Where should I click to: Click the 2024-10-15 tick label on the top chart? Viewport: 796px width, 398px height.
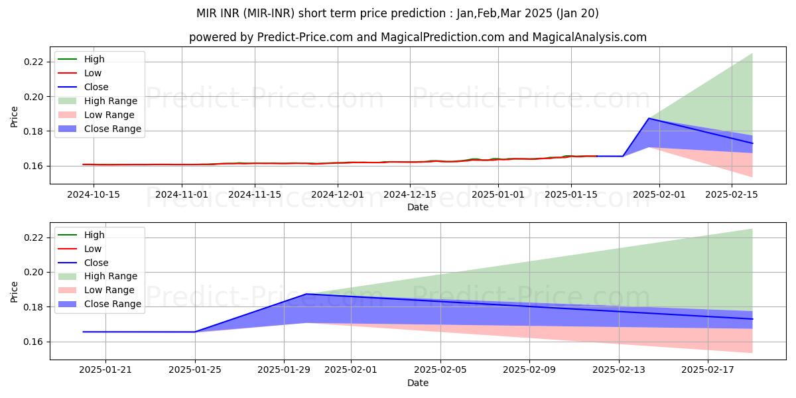tap(93, 194)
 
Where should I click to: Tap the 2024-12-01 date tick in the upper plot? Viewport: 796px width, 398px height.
tap(338, 194)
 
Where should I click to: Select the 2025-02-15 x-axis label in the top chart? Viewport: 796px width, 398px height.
tap(731, 194)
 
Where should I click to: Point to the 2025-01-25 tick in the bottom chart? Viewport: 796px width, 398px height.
tap(195, 369)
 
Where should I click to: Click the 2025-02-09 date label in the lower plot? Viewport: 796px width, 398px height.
tap(529, 369)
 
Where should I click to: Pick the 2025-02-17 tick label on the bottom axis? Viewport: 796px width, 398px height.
tap(708, 369)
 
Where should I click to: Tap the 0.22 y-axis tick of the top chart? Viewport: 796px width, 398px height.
tap(34, 62)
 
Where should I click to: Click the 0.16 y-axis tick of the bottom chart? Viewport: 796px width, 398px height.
tap(34, 342)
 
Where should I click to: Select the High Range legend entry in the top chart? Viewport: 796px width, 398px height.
tap(110, 101)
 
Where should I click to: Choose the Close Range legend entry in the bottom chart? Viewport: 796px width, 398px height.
tap(112, 304)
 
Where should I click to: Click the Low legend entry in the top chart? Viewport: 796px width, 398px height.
tap(93, 73)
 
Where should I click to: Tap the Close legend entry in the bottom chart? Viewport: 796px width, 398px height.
tap(96, 263)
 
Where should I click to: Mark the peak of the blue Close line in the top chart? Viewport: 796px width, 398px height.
tap(649, 119)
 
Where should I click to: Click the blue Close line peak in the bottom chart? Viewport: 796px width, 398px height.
tap(306, 294)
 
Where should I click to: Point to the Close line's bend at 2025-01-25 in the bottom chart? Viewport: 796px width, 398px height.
tap(195, 332)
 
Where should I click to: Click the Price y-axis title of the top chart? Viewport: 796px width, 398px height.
tap(15, 117)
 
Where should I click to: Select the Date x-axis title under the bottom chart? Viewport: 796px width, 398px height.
tap(418, 383)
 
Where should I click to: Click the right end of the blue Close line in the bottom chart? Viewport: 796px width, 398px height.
tap(752, 319)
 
